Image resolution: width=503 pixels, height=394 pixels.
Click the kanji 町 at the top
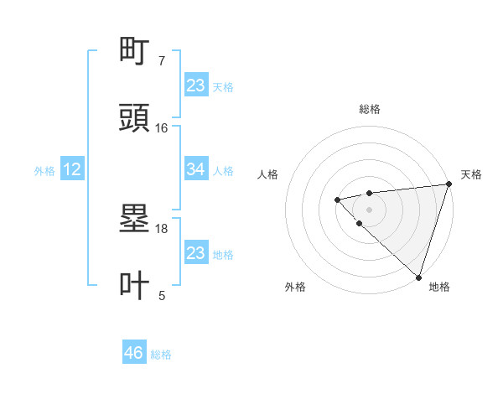click(135, 53)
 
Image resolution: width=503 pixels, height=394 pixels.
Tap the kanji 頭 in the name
click(135, 118)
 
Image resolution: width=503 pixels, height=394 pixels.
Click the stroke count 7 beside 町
click(162, 61)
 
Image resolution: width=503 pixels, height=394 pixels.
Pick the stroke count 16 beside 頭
click(162, 127)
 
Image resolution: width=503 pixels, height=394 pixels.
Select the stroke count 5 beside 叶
click(162, 294)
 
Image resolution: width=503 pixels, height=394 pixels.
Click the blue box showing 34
click(195, 169)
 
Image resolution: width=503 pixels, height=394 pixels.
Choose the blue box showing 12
click(72, 169)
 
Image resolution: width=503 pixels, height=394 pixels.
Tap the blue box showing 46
click(133, 353)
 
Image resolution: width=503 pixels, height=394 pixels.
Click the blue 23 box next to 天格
click(195, 86)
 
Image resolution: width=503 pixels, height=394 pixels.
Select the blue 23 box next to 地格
click(195, 253)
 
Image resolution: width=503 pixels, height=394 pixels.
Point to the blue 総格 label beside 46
click(161, 355)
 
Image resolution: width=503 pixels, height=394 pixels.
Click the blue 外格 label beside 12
click(44, 171)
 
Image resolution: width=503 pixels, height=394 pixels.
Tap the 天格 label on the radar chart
click(471, 174)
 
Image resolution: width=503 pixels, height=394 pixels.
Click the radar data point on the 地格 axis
click(418, 277)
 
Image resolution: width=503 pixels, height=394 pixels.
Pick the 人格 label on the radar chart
click(268, 174)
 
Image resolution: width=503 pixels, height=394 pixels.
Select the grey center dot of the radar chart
click(369, 209)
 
